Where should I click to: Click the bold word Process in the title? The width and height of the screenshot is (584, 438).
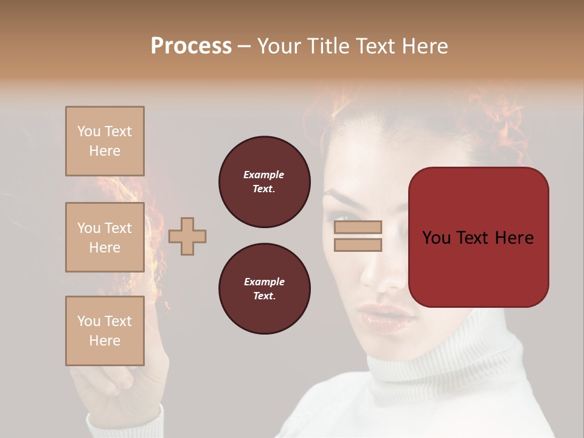(x=191, y=46)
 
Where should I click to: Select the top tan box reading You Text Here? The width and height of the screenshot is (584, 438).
(x=105, y=141)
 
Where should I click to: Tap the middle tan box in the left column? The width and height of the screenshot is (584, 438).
(x=105, y=237)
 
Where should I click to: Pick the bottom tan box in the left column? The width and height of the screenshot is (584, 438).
(x=105, y=330)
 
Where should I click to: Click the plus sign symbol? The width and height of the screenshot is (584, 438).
(x=187, y=236)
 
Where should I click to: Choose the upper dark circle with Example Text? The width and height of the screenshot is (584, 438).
(x=265, y=182)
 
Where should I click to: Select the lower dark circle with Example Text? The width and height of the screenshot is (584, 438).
(x=265, y=289)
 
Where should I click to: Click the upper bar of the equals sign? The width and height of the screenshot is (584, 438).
(x=358, y=227)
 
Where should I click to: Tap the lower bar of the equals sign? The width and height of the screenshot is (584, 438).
(x=358, y=245)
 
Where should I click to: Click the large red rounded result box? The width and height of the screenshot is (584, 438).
(x=478, y=237)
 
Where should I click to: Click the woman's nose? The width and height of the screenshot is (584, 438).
(x=381, y=274)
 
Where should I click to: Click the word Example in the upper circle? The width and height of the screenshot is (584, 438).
(x=264, y=175)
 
